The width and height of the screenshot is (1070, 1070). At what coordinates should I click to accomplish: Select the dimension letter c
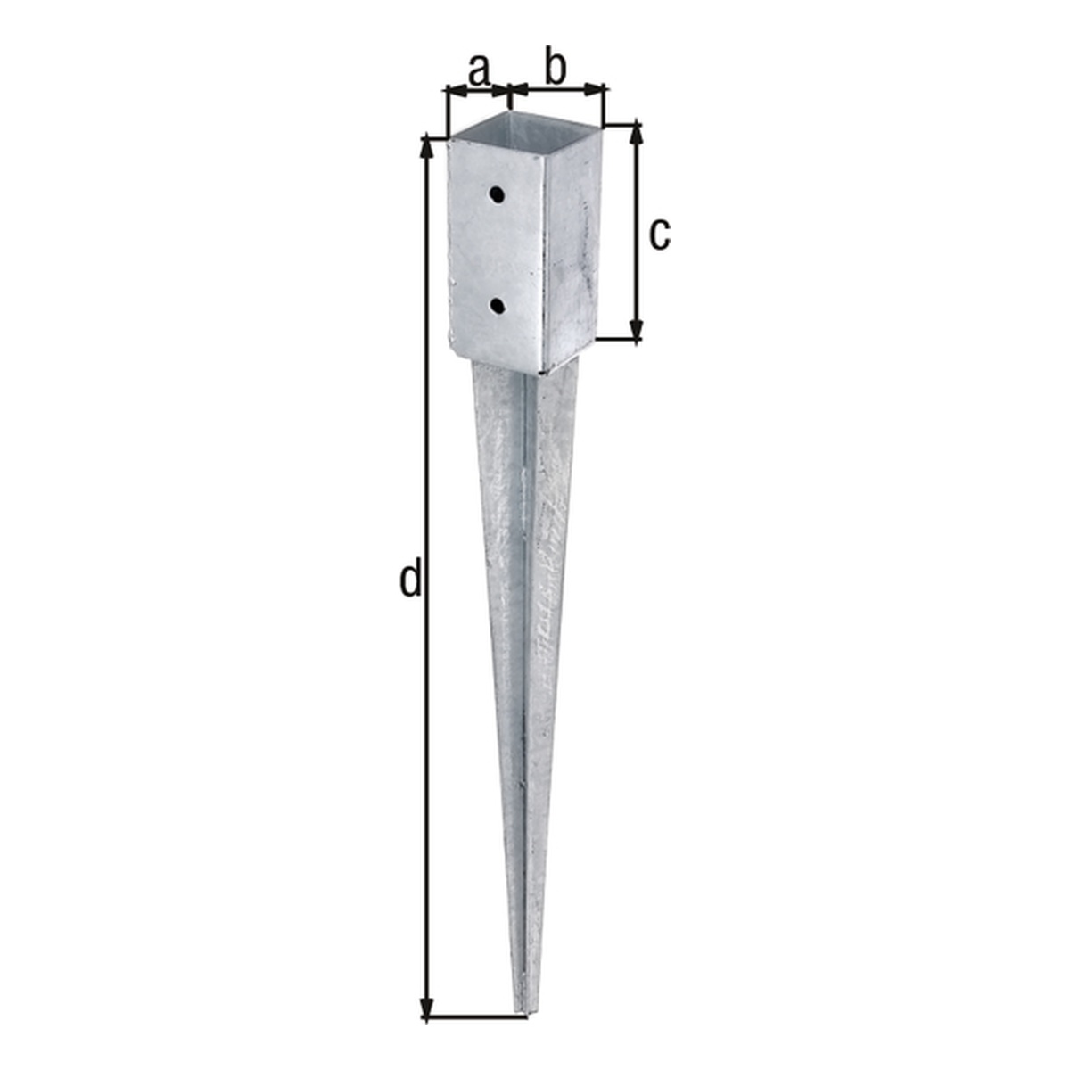660,235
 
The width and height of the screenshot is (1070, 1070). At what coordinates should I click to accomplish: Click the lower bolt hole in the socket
498,305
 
